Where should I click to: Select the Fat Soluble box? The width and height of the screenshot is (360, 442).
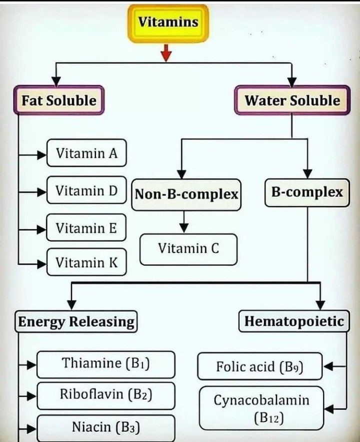point(58,100)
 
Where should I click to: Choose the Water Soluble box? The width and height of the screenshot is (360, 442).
point(292,100)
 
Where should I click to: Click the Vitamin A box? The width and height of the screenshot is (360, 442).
point(86,153)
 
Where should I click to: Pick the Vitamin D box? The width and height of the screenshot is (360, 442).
point(86,190)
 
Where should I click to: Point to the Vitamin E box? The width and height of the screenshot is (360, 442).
point(86,228)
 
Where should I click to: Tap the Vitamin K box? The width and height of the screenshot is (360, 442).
point(86,262)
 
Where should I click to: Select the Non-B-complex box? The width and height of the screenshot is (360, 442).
point(186,194)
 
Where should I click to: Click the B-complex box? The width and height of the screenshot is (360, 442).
point(306,192)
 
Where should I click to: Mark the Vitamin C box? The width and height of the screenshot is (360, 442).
point(188,248)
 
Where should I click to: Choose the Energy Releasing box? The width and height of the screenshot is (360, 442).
point(76,322)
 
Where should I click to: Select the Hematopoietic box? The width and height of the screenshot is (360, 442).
point(293,321)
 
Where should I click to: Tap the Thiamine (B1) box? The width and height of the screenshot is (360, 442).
point(106,364)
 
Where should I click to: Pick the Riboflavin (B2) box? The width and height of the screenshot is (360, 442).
point(106,395)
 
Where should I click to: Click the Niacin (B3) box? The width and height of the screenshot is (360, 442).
point(106,428)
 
